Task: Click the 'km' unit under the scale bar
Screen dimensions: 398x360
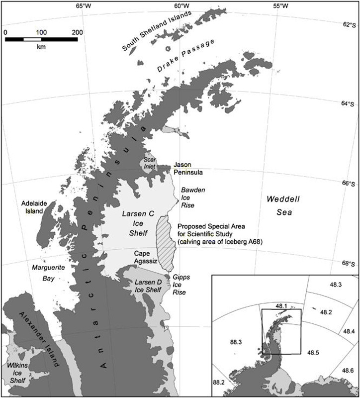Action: click(41, 47)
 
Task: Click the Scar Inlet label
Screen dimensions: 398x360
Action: click(150, 163)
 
